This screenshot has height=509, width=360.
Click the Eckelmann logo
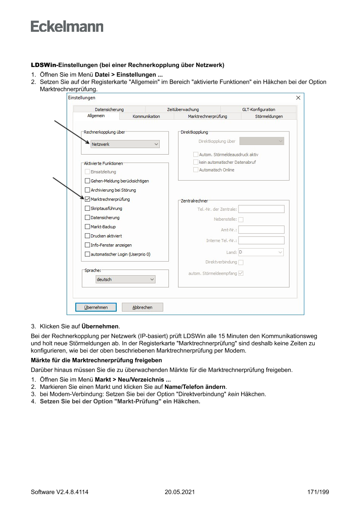click(67, 26)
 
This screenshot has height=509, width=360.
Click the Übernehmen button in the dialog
click(96, 307)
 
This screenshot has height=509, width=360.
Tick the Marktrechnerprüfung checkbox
click(87, 199)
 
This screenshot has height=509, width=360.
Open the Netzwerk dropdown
click(125, 144)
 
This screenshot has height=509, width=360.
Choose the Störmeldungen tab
click(269, 116)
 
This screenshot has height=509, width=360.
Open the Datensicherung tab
click(109, 109)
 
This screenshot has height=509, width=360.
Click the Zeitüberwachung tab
click(183, 109)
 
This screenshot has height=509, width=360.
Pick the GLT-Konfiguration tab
click(259, 109)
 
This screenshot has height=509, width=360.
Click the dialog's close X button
click(298, 98)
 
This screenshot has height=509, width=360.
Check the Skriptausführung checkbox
click(87, 209)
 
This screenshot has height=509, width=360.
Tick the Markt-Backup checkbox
click(87, 227)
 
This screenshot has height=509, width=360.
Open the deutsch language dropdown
click(125, 280)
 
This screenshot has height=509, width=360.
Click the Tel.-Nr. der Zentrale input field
click(261, 209)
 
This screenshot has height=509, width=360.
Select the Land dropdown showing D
click(261, 252)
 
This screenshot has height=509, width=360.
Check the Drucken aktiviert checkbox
click(87, 236)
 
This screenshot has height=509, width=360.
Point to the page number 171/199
click(318, 492)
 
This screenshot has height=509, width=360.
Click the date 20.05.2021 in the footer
click(180, 492)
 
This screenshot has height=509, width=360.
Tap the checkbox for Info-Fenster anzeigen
click(87, 245)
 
